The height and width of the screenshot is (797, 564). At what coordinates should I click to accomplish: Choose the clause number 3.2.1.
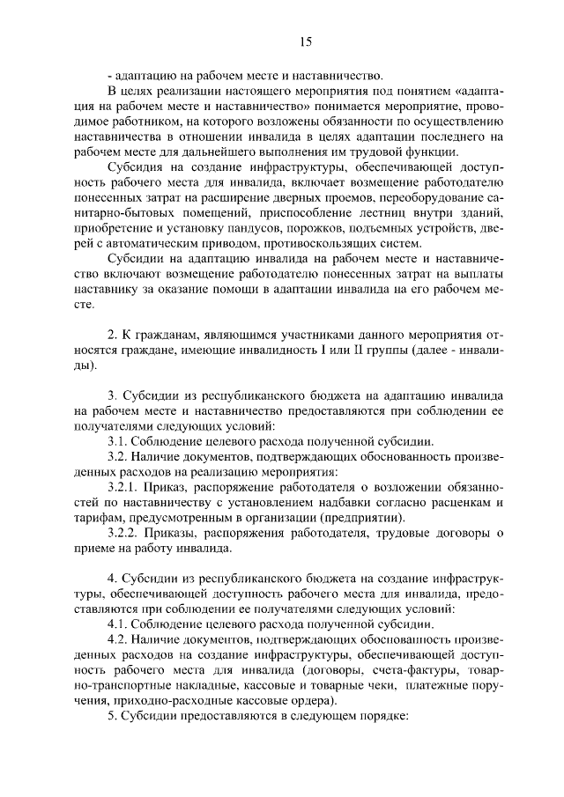click(123, 487)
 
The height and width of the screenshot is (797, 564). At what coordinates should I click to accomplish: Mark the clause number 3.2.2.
click(123, 533)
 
